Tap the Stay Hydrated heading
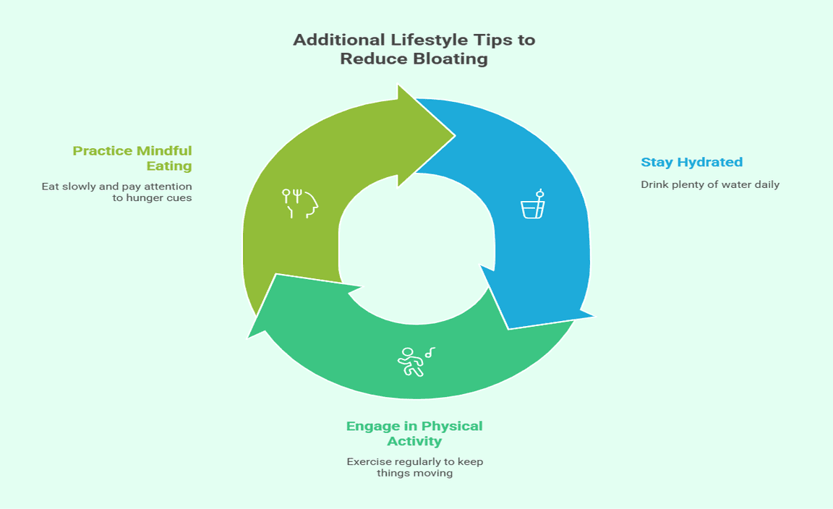[692, 162]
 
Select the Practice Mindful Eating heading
[132, 158]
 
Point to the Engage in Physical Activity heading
[414, 434]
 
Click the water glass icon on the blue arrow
[533, 204]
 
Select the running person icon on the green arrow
[416, 362]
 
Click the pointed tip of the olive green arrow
[456, 135]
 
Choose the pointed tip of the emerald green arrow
[249, 337]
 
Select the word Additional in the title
[339, 40]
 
